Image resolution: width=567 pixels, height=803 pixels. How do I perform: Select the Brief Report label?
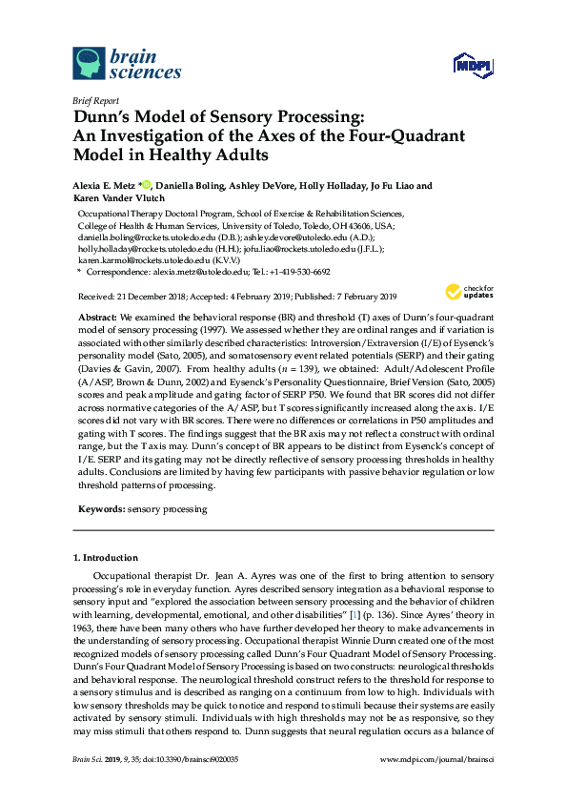tap(96, 98)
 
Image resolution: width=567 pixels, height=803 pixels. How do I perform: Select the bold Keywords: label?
tap(98, 510)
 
